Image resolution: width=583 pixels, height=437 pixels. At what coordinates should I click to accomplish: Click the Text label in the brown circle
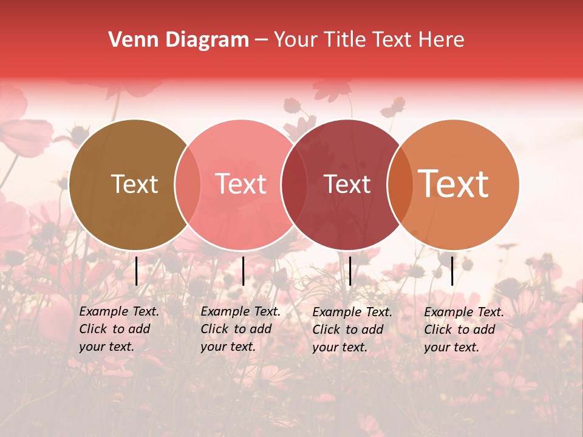[x=134, y=184]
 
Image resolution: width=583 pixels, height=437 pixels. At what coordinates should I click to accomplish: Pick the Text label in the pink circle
[x=241, y=184]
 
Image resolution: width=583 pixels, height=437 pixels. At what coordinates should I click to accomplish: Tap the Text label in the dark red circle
[x=347, y=184]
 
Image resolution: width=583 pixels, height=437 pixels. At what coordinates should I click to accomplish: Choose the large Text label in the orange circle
[x=454, y=184]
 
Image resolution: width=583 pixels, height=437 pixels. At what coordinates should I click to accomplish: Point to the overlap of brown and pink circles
[x=188, y=184]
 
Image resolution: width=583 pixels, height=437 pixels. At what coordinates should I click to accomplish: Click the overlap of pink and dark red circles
[x=294, y=184]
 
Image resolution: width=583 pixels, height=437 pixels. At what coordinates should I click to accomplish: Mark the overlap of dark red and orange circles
[x=400, y=184]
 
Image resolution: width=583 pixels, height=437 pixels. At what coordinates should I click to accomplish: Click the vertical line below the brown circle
[x=137, y=271]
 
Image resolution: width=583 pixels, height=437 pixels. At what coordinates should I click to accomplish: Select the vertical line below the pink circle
[x=243, y=271]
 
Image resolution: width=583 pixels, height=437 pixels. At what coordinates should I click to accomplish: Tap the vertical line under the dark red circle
[x=350, y=271]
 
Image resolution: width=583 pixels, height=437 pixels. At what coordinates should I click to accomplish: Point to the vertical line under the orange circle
[x=452, y=271]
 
